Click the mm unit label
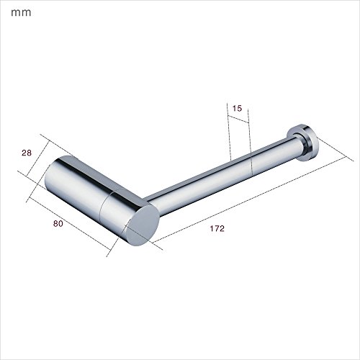tap(21, 13)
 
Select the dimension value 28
tap(27, 153)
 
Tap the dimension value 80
tap(58, 224)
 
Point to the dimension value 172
tap(217, 228)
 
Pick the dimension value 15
tap(237, 109)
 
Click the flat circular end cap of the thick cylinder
tap(143, 225)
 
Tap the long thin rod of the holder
tap(221, 175)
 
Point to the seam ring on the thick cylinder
tap(106, 204)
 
